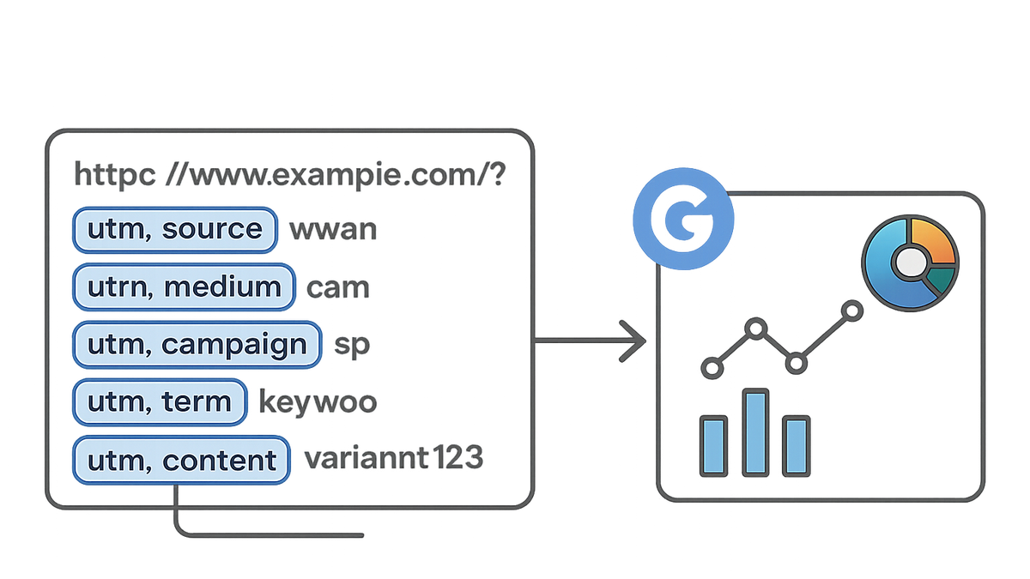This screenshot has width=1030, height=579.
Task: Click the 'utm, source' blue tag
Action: [x=175, y=230]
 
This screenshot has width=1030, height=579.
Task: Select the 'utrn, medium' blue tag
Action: [x=184, y=287]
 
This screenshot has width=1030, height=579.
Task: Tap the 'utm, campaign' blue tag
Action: [x=197, y=345]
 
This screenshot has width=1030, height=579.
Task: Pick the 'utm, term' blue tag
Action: [x=160, y=402]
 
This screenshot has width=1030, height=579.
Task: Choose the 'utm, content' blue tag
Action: [x=181, y=460]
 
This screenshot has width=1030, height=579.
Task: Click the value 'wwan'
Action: [x=333, y=230]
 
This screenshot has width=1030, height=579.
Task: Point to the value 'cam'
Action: [x=338, y=288]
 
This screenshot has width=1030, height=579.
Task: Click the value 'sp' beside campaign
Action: [x=352, y=347]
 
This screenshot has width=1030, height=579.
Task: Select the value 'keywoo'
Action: [x=318, y=403]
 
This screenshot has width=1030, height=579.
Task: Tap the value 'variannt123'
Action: [x=394, y=458]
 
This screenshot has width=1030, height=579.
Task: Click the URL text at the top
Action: [x=290, y=175]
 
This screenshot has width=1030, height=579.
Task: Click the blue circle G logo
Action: [x=683, y=219]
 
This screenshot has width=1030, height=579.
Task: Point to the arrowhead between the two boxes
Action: [x=633, y=341]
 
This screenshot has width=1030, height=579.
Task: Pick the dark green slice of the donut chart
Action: [x=941, y=280]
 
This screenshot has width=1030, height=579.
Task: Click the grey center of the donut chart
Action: [x=911, y=262]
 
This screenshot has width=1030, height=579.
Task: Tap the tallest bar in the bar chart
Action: [x=755, y=432]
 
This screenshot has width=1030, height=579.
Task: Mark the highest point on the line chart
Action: [x=852, y=311]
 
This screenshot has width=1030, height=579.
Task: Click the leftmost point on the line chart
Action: [x=712, y=368]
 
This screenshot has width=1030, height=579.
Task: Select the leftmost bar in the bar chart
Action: [x=713, y=446]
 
